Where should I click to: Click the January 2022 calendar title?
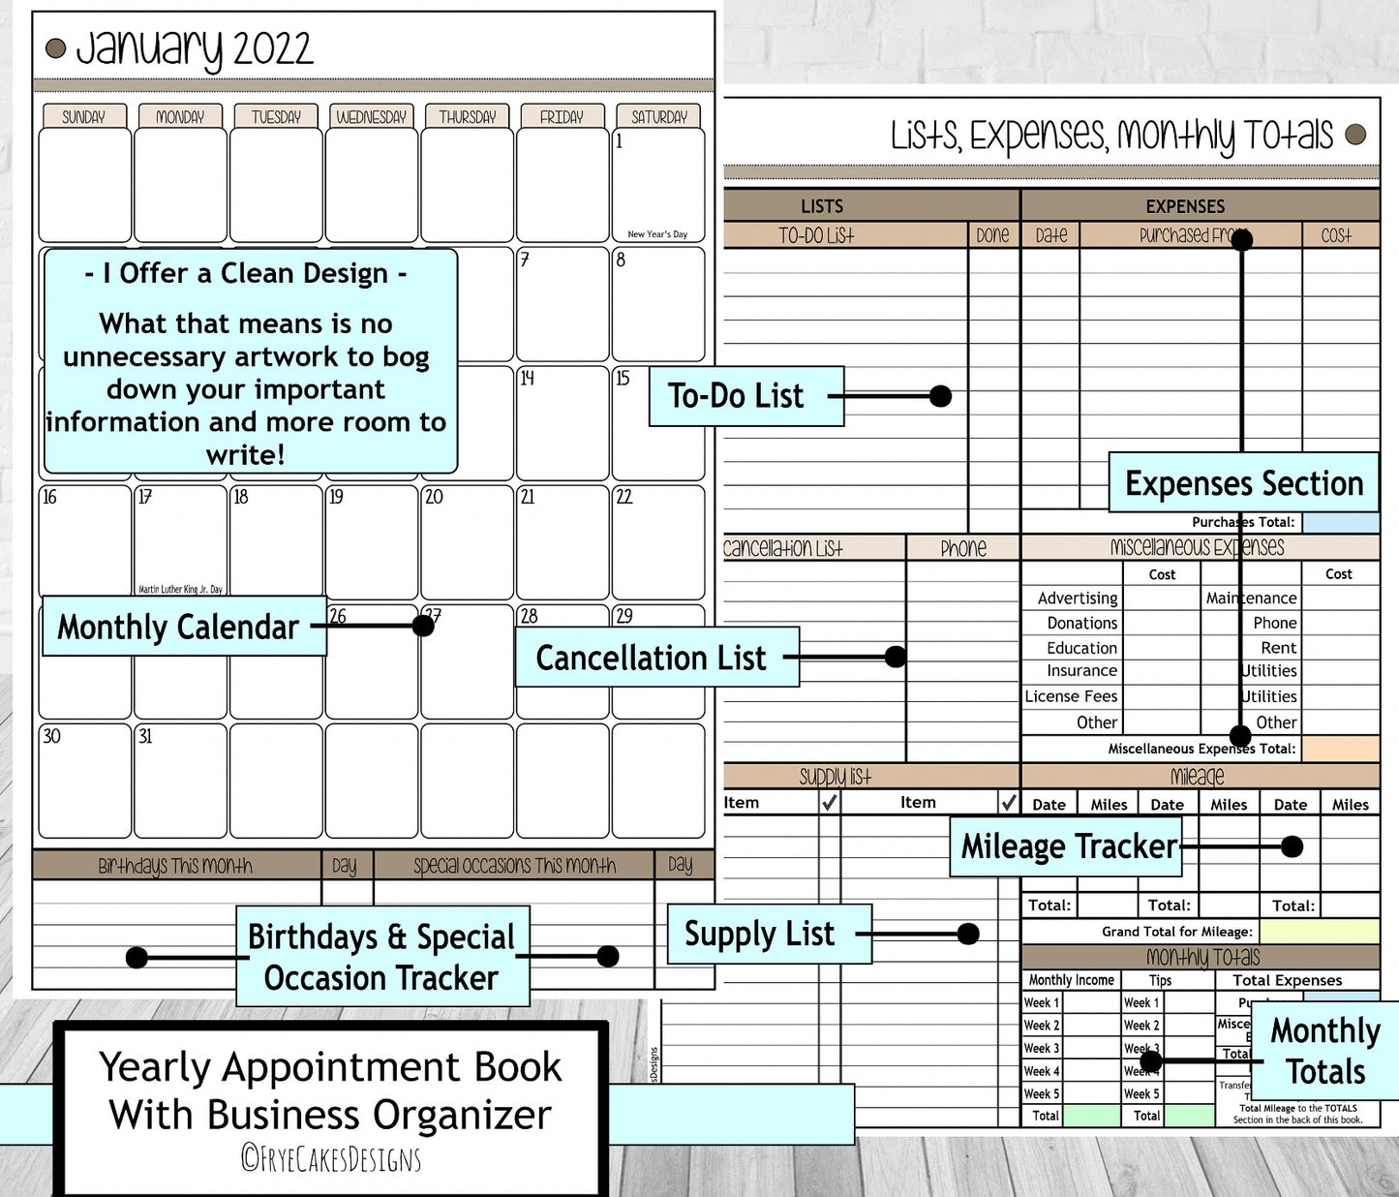tap(194, 48)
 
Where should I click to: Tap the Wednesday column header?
tap(371, 117)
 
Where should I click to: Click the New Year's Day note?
tap(657, 234)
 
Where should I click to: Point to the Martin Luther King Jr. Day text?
tap(180, 589)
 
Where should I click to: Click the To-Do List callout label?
tap(745, 396)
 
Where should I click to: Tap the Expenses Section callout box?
tap(1243, 482)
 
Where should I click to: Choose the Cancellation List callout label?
tap(656, 658)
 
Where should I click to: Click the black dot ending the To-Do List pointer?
tap(940, 396)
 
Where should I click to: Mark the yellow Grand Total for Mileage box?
tap(1319, 931)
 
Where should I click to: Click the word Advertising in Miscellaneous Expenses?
tap(1077, 598)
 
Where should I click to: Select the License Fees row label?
tap(1071, 696)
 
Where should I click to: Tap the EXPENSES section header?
tap(1185, 206)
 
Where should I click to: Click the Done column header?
tap(992, 235)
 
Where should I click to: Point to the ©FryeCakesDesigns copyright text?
tap(331, 1158)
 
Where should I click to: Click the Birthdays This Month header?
tap(175, 866)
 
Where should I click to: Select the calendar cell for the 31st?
tap(180, 781)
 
